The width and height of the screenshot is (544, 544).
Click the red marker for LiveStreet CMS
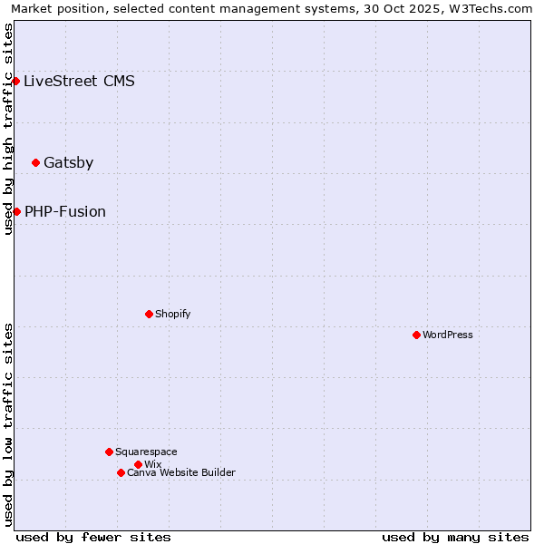point(15,81)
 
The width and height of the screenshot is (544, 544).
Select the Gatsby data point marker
point(35,163)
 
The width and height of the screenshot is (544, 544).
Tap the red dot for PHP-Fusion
point(16,211)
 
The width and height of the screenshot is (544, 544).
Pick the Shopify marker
point(149,314)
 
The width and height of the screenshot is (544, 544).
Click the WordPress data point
point(416,335)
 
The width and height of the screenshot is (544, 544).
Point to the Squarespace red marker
point(109,452)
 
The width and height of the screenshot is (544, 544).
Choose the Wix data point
point(138,464)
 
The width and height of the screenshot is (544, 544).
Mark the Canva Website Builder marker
point(121,472)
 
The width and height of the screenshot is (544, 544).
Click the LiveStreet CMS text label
point(79,81)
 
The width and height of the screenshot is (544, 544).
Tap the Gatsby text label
point(68,163)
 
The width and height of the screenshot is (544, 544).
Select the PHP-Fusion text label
point(65,211)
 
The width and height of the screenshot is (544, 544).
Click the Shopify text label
point(172,314)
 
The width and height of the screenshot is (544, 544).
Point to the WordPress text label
point(448,335)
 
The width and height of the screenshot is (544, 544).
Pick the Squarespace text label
point(146,452)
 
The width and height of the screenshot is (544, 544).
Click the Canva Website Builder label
point(181,472)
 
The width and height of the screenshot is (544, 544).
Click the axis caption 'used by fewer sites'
point(93,537)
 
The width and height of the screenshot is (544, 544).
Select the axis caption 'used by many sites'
point(455,537)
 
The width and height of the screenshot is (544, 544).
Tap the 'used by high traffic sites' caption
point(8,129)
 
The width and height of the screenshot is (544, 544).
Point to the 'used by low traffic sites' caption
point(8,424)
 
